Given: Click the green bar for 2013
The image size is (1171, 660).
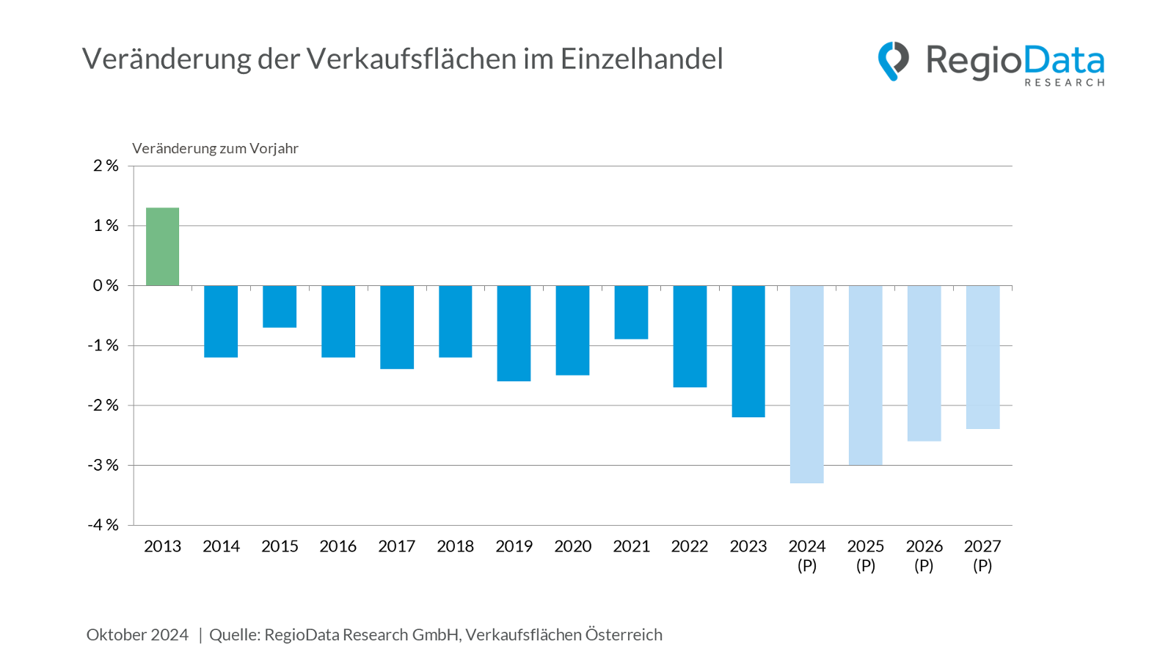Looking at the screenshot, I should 162,247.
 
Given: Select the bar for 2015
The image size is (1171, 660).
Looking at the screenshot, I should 280,307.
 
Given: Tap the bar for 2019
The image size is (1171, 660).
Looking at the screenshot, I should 514,334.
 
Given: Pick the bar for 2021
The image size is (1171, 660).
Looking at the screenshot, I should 631,312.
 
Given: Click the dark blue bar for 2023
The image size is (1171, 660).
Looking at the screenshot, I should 748,351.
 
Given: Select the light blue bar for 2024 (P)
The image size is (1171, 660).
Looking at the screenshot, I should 807,384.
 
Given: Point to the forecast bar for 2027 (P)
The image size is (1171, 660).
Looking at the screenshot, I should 982,357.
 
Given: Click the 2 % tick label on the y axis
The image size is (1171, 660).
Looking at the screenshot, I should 106,166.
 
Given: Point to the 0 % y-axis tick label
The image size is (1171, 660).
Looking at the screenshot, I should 106,285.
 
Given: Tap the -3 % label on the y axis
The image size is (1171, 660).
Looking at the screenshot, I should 103,465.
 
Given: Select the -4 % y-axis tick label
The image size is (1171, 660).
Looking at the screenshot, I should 103,525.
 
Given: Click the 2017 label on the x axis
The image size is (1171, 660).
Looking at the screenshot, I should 396,546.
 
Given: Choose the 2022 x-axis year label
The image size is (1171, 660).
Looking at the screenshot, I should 690,546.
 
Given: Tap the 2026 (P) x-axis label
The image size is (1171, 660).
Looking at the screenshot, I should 924,555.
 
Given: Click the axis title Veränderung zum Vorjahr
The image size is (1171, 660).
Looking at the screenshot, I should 215,148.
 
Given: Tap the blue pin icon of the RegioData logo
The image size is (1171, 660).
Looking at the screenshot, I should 893,61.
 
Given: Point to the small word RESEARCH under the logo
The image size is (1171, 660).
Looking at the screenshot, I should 1064,83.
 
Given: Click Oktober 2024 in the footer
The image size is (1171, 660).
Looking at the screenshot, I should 137,634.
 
